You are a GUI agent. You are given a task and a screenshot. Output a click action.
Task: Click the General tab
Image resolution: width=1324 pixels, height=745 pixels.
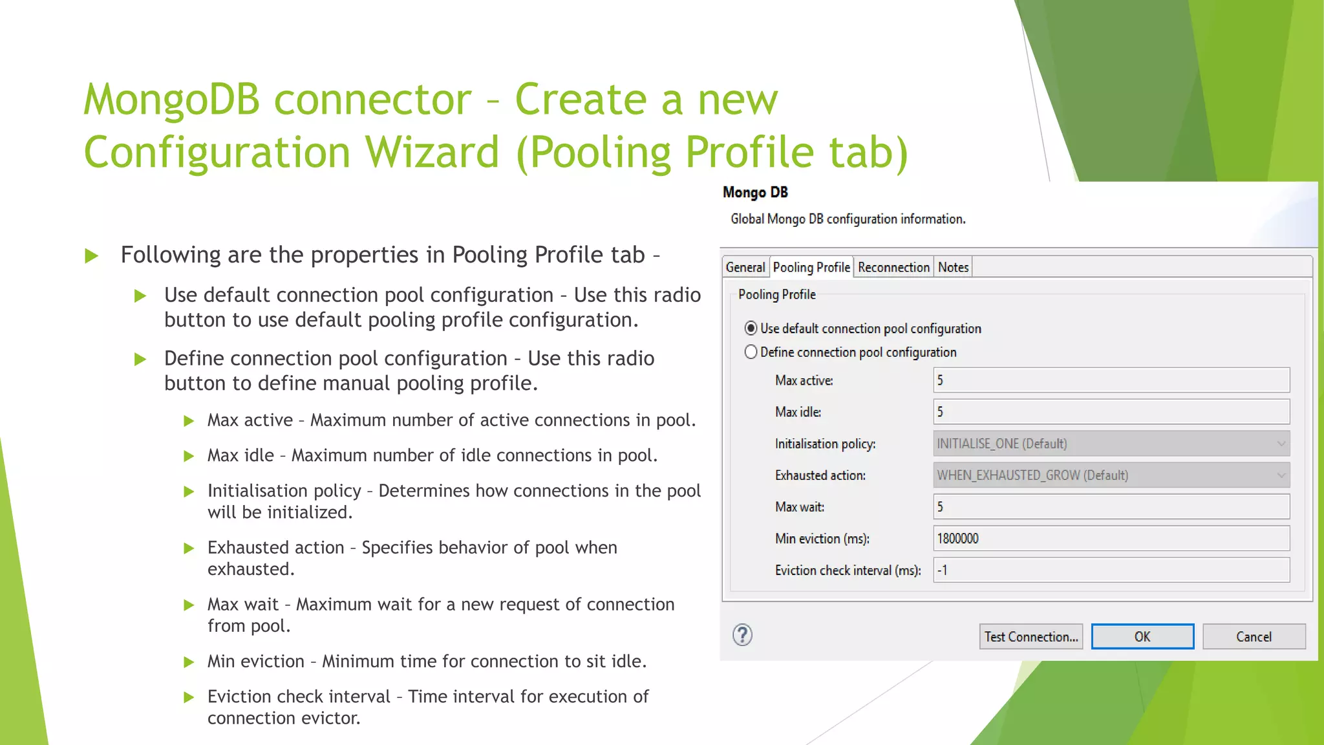click(x=745, y=267)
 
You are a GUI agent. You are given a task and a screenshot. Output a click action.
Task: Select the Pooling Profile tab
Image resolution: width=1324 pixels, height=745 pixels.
click(x=811, y=267)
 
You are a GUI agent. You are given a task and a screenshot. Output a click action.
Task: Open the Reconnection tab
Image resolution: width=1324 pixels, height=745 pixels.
click(x=893, y=267)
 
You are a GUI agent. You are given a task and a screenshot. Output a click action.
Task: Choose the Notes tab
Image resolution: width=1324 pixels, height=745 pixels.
click(x=953, y=267)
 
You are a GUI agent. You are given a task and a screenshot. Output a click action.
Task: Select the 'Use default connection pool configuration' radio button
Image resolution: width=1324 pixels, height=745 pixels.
click(x=751, y=329)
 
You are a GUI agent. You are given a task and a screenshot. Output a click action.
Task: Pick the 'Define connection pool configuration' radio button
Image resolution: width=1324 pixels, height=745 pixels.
click(x=751, y=352)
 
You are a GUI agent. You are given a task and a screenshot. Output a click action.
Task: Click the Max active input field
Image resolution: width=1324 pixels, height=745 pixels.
click(x=1111, y=380)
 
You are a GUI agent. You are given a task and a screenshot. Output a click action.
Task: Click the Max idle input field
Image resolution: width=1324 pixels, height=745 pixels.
click(x=1111, y=412)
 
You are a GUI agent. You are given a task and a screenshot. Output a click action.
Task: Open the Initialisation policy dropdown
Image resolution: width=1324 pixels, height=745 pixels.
click(x=1111, y=444)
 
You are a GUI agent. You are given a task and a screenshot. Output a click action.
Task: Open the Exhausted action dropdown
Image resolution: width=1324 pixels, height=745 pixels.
click(x=1111, y=475)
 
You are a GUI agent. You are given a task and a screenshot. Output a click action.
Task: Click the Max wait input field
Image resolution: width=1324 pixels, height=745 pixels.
click(x=1111, y=507)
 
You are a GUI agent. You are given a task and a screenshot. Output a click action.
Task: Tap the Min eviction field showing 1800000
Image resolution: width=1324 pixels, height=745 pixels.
click(x=1111, y=539)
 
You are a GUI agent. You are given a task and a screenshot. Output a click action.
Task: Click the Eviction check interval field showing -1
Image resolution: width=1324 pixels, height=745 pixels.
click(x=1111, y=570)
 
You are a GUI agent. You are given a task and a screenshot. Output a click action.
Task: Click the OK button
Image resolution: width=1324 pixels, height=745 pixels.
click(x=1142, y=636)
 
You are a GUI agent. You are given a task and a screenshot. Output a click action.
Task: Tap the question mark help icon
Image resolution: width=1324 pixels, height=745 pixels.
click(x=742, y=635)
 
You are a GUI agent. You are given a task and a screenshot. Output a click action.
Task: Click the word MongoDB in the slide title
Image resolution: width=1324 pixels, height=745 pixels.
click(x=171, y=100)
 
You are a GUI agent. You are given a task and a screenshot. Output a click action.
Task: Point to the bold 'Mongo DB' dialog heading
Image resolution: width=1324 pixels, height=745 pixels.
click(x=755, y=193)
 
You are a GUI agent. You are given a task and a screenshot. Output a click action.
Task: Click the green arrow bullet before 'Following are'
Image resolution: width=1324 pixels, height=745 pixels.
click(x=92, y=256)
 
